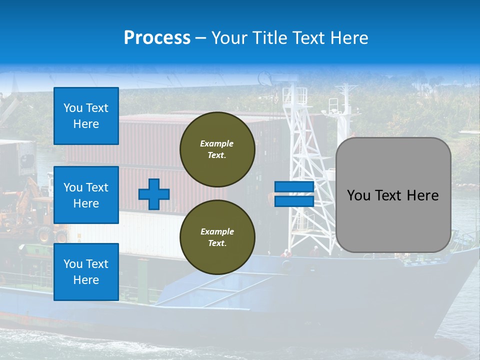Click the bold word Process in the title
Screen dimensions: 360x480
click(x=157, y=38)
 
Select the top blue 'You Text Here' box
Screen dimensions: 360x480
click(x=86, y=116)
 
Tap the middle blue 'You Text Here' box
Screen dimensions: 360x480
click(x=86, y=195)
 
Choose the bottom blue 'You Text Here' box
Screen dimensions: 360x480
click(x=86, y=272)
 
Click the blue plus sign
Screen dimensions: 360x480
click(x=154, y=194)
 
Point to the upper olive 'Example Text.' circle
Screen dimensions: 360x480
click(x=217, y=149)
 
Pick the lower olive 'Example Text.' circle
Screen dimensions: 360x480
click(x=217, y=237)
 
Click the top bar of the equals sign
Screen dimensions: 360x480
click(x=294, y=187)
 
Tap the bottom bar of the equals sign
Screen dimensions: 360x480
click(x=294, y=201)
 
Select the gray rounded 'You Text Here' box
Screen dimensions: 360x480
click(x=393, y=195)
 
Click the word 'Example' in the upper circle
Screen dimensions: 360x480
click(x=216, y=143)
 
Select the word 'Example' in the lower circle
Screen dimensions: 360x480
click(x=217, y=231)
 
